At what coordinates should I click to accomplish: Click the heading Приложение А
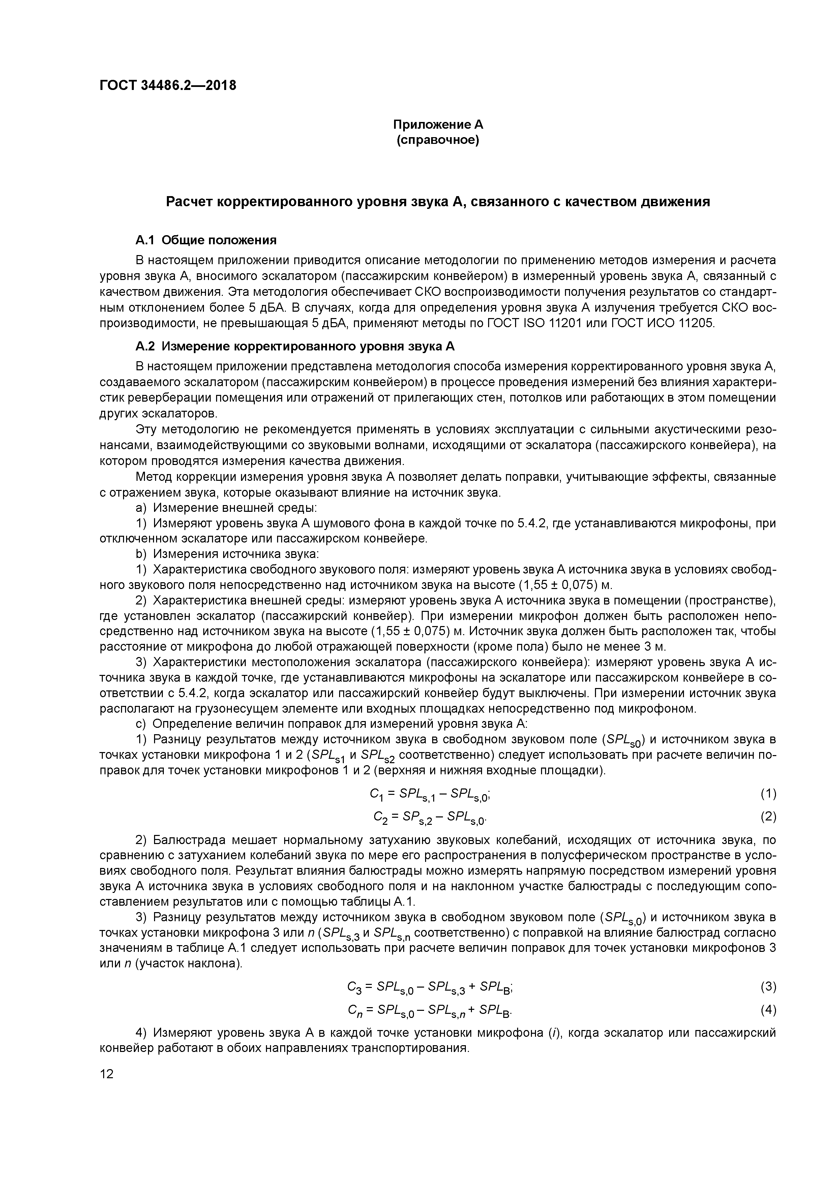click(438, 125)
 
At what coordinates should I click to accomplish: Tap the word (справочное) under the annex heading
click(438, 141)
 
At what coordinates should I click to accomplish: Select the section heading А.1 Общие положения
click(206, 241)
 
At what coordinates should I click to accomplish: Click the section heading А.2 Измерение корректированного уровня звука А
click(295, 346)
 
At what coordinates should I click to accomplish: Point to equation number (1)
click(768, 794)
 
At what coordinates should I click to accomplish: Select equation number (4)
click(768, 1010)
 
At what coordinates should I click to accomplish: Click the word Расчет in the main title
click(188, 202)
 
